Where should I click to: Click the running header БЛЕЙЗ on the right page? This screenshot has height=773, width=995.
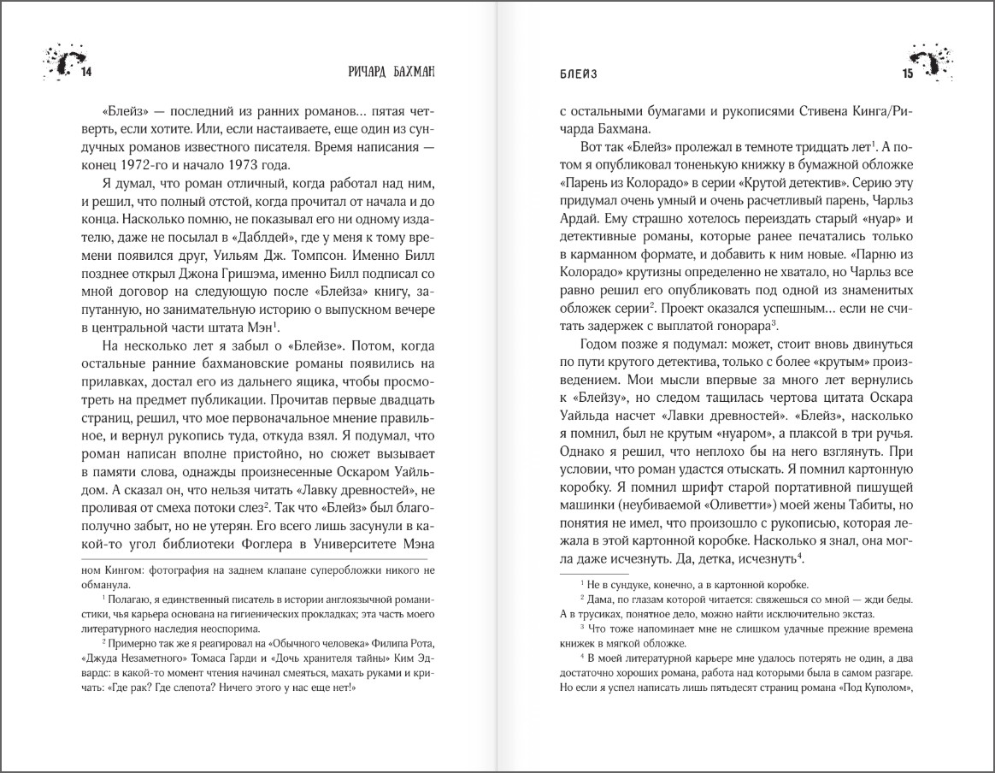click(573, 73)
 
